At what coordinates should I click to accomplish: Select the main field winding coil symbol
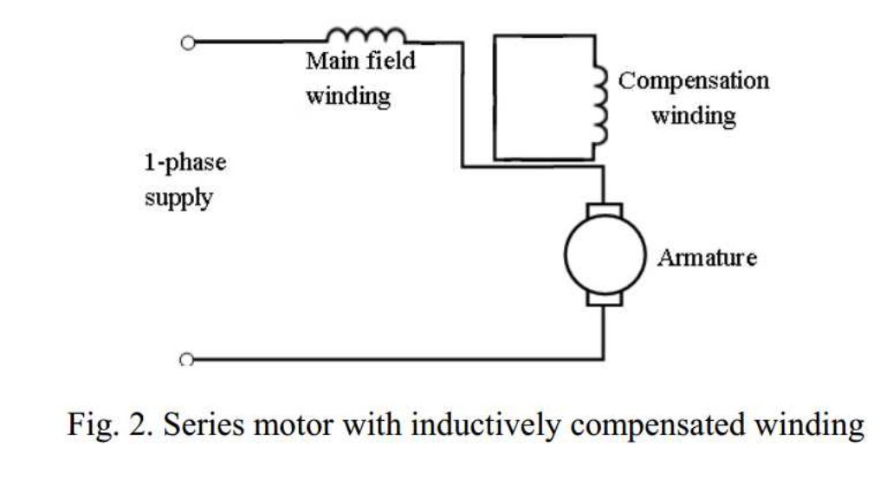tap(366, 36)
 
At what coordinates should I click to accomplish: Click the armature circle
tap(605, 254)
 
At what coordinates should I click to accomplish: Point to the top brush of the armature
tap(605, 210)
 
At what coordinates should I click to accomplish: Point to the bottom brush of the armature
tap(605, 299)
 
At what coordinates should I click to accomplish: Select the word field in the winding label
tap(389, 62)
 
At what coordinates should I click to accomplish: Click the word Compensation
tap(693, 81)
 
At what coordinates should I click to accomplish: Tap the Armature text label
tap(706, 257)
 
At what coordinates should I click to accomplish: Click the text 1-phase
tap(185, 163)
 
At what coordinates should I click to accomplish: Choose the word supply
tap(178, 198)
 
